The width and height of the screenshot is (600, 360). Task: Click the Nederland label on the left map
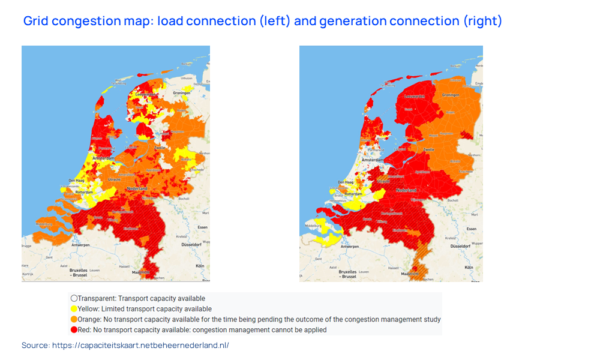pyautogui.click(x=137, y=188)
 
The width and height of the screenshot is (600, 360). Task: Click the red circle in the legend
pyautogui.click(x=74, y=330)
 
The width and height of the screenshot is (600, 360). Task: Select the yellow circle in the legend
pyautogui.click(x=74, y=309)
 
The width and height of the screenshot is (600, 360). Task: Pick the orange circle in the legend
pyautogui.click(x=74, y=319)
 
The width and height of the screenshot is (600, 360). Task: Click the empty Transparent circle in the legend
pyautogui.click(x=74, y=298)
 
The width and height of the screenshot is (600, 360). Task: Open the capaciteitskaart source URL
pyautogui.click(x=140, y=346)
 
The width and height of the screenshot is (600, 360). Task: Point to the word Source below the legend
pyautogui.click(x=35, y=346)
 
